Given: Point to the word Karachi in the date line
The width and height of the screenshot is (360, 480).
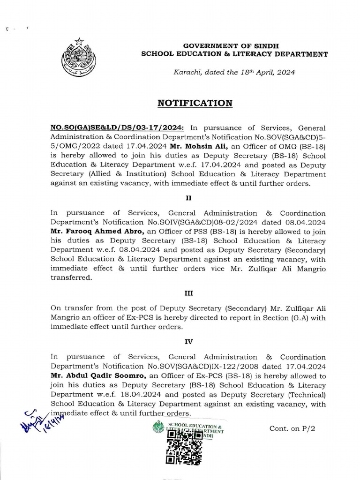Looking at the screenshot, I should tap(188, 73).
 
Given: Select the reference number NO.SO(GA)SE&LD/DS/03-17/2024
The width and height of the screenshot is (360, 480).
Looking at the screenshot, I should tap(117, 128).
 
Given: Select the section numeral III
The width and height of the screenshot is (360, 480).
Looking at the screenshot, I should tap(188, 293).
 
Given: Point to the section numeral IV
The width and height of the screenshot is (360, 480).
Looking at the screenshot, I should tap(188, 342).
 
